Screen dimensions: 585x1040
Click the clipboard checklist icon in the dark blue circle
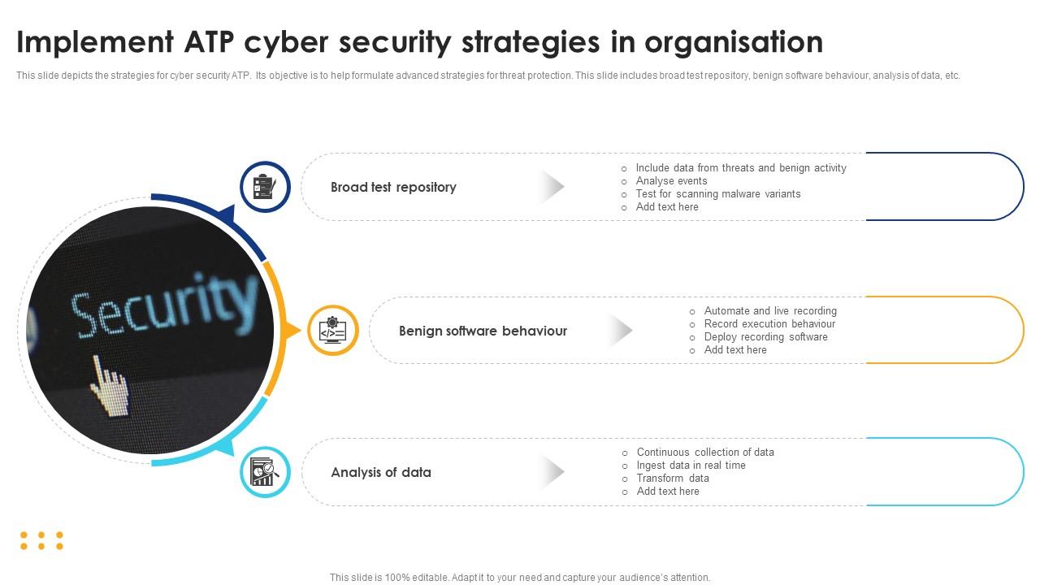(265, 187)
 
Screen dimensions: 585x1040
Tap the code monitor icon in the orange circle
(333, 330)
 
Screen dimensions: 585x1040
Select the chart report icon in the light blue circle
(265, 472)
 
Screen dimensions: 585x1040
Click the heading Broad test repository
(393, 187)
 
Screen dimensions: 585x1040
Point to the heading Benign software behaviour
(483, 331)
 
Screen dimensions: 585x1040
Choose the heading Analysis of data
(381, 472)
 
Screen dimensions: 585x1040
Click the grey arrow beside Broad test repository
(552, 187)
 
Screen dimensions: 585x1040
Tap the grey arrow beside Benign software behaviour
(621, 330)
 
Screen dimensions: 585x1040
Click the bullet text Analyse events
(671, 181)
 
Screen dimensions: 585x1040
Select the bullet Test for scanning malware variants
(717, 194)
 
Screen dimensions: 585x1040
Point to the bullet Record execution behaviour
(769, 324)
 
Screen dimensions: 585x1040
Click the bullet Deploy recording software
(765, 337)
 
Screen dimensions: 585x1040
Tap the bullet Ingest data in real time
(691, 466)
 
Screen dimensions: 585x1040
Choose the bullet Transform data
(673, 479)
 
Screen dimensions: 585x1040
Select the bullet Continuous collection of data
(705, 453)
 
